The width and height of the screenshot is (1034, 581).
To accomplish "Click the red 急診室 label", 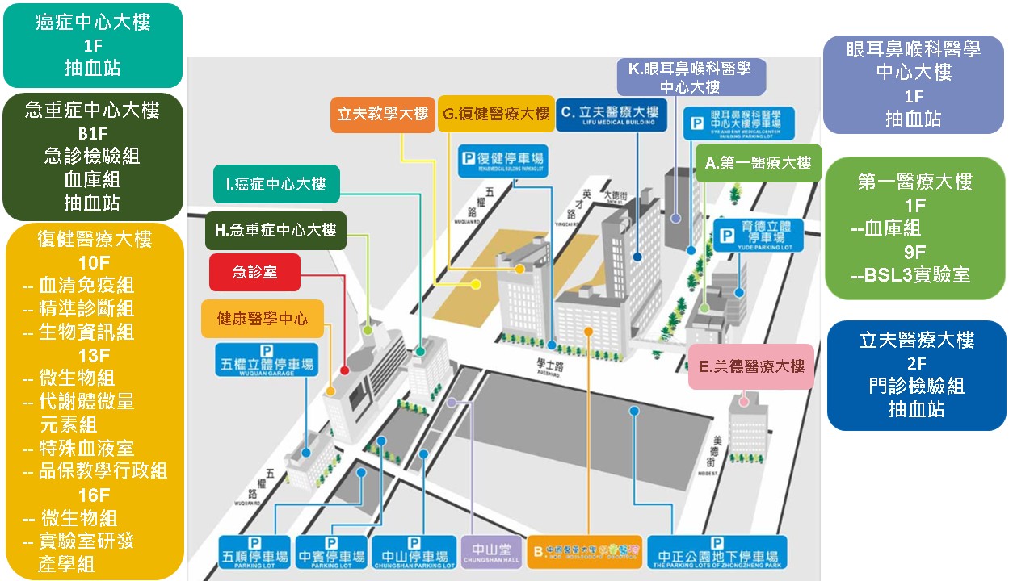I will (x=254, y=272).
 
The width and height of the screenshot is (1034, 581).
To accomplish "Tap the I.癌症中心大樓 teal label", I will (x=277, y=184).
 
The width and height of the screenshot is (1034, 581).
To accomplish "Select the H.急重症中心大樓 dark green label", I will (x=275, y=230).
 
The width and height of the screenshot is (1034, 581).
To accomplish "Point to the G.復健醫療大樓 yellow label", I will (x=496, y=115).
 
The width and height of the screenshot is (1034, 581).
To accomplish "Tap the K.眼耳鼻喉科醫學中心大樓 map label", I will (x=689, y=77).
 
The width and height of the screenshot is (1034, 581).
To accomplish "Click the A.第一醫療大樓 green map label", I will (x=758, y=163).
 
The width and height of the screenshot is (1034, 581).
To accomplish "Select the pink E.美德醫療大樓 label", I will (x=751, y=367).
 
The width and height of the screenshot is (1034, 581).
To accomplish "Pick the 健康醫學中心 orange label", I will (x=263, y=319).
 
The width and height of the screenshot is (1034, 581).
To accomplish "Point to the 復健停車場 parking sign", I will (x=502, y=158).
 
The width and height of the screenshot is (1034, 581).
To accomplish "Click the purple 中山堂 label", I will (x=492, y=554).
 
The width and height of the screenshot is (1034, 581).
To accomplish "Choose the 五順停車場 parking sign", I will (x=254, y=554).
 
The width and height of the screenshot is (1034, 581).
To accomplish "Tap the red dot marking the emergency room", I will (x=345, y=370).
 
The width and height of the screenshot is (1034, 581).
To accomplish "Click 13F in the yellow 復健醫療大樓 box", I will (x=94, y=355).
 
